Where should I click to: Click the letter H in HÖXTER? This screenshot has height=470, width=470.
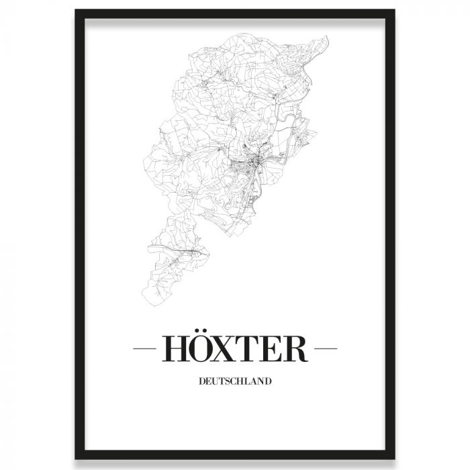(x=173, y=349)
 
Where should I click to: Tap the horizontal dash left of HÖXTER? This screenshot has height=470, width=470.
(x=144, y=349)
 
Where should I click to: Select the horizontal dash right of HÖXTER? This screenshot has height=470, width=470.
(x=326, y=349)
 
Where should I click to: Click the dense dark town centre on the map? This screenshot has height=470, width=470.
(x=254, y=162)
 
